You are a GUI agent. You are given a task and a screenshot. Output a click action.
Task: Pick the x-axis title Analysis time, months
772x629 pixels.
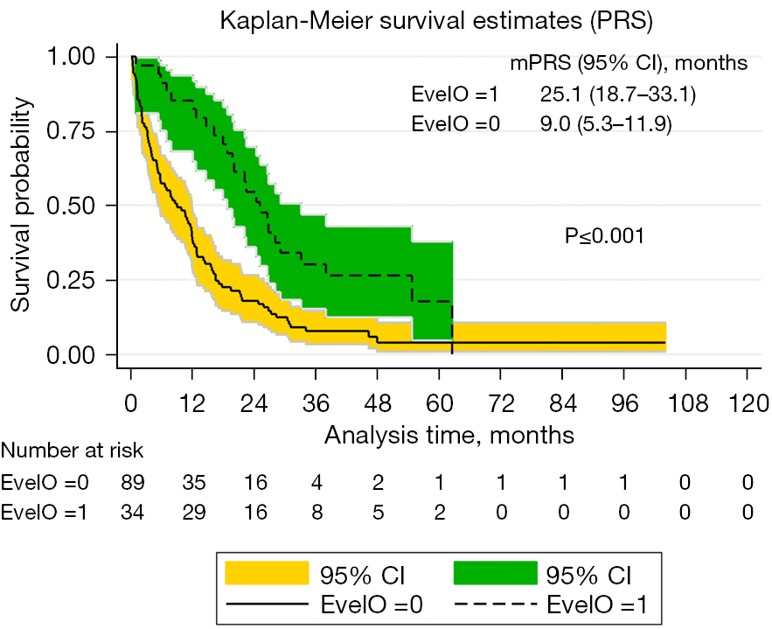pyautogui.click(x=449, y=433)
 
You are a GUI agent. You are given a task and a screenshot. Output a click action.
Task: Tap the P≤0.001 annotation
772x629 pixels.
pyautogui.click(x=604, y=235)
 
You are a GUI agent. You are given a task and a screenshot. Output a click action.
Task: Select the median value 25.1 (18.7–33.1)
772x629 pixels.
pyautogui.click(x=618, y=93)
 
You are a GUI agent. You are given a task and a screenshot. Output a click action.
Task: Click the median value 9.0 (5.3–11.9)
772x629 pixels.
pyautogui.click(x=606, y=124)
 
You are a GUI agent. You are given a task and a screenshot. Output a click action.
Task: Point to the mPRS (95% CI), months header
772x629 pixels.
pyautogui.click(x=629, y=62)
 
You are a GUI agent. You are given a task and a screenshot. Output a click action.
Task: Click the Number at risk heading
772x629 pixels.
pyautogui.click(x=73, y=451)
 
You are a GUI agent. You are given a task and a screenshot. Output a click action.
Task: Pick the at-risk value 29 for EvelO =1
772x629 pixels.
pyautogui.click(x=193, y=512)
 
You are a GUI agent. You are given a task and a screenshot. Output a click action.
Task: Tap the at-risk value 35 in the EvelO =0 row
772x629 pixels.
pyautogui.click(x=193, y=482)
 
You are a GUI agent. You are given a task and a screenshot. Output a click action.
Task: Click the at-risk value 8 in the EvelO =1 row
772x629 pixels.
pyautogui.click(x=316, y=512)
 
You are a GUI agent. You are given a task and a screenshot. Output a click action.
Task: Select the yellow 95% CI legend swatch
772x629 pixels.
pyautogui.click(x=268, y=575)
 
